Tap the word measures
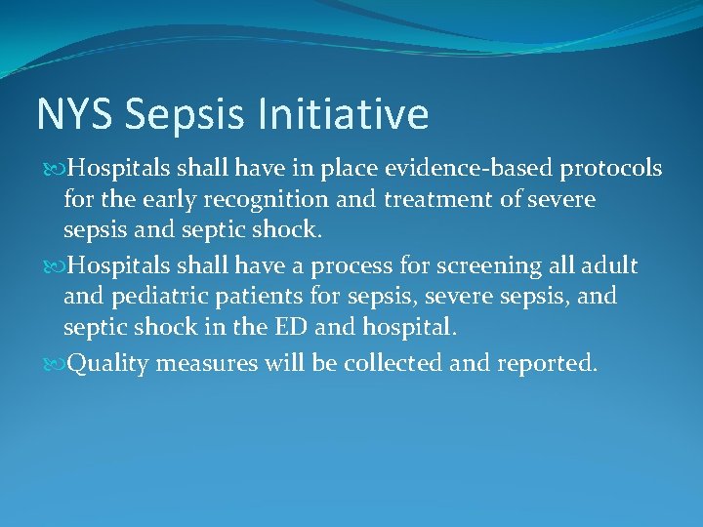click(200, 363)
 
